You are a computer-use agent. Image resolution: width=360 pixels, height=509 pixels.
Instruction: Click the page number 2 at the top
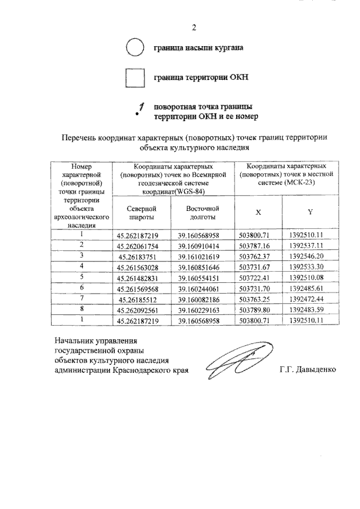193,28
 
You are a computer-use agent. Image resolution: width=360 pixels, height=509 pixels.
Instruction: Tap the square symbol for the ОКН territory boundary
135,78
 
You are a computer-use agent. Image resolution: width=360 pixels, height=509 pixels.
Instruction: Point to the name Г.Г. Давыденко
308,370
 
